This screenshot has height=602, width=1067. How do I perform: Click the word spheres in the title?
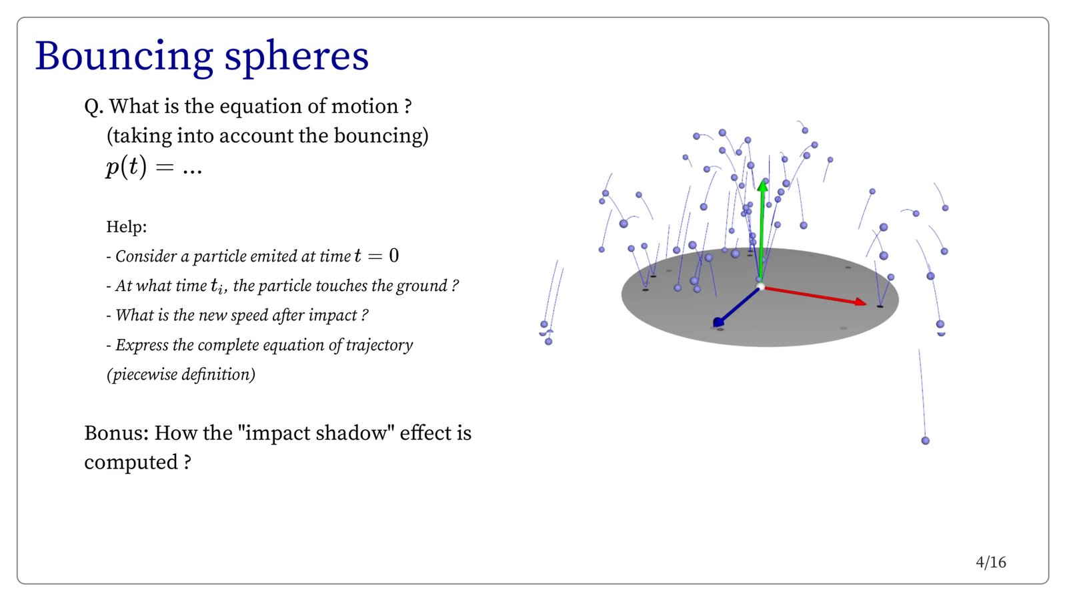[296, 58]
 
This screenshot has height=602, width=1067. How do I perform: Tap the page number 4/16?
[991, 563]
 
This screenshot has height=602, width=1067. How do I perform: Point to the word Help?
[126, 226]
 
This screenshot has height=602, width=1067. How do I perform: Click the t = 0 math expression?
[376, 256]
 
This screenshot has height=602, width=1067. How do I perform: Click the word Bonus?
[117, 432]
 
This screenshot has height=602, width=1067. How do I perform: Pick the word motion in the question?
[365, 106]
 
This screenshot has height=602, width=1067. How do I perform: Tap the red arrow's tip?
[866, 304]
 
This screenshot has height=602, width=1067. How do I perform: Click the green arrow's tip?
[763, 180]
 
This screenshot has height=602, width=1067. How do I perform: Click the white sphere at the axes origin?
[760, 286]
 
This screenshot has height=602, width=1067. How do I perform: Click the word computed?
[131, 463]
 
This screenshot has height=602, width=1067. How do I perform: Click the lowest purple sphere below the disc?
[925, 440]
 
